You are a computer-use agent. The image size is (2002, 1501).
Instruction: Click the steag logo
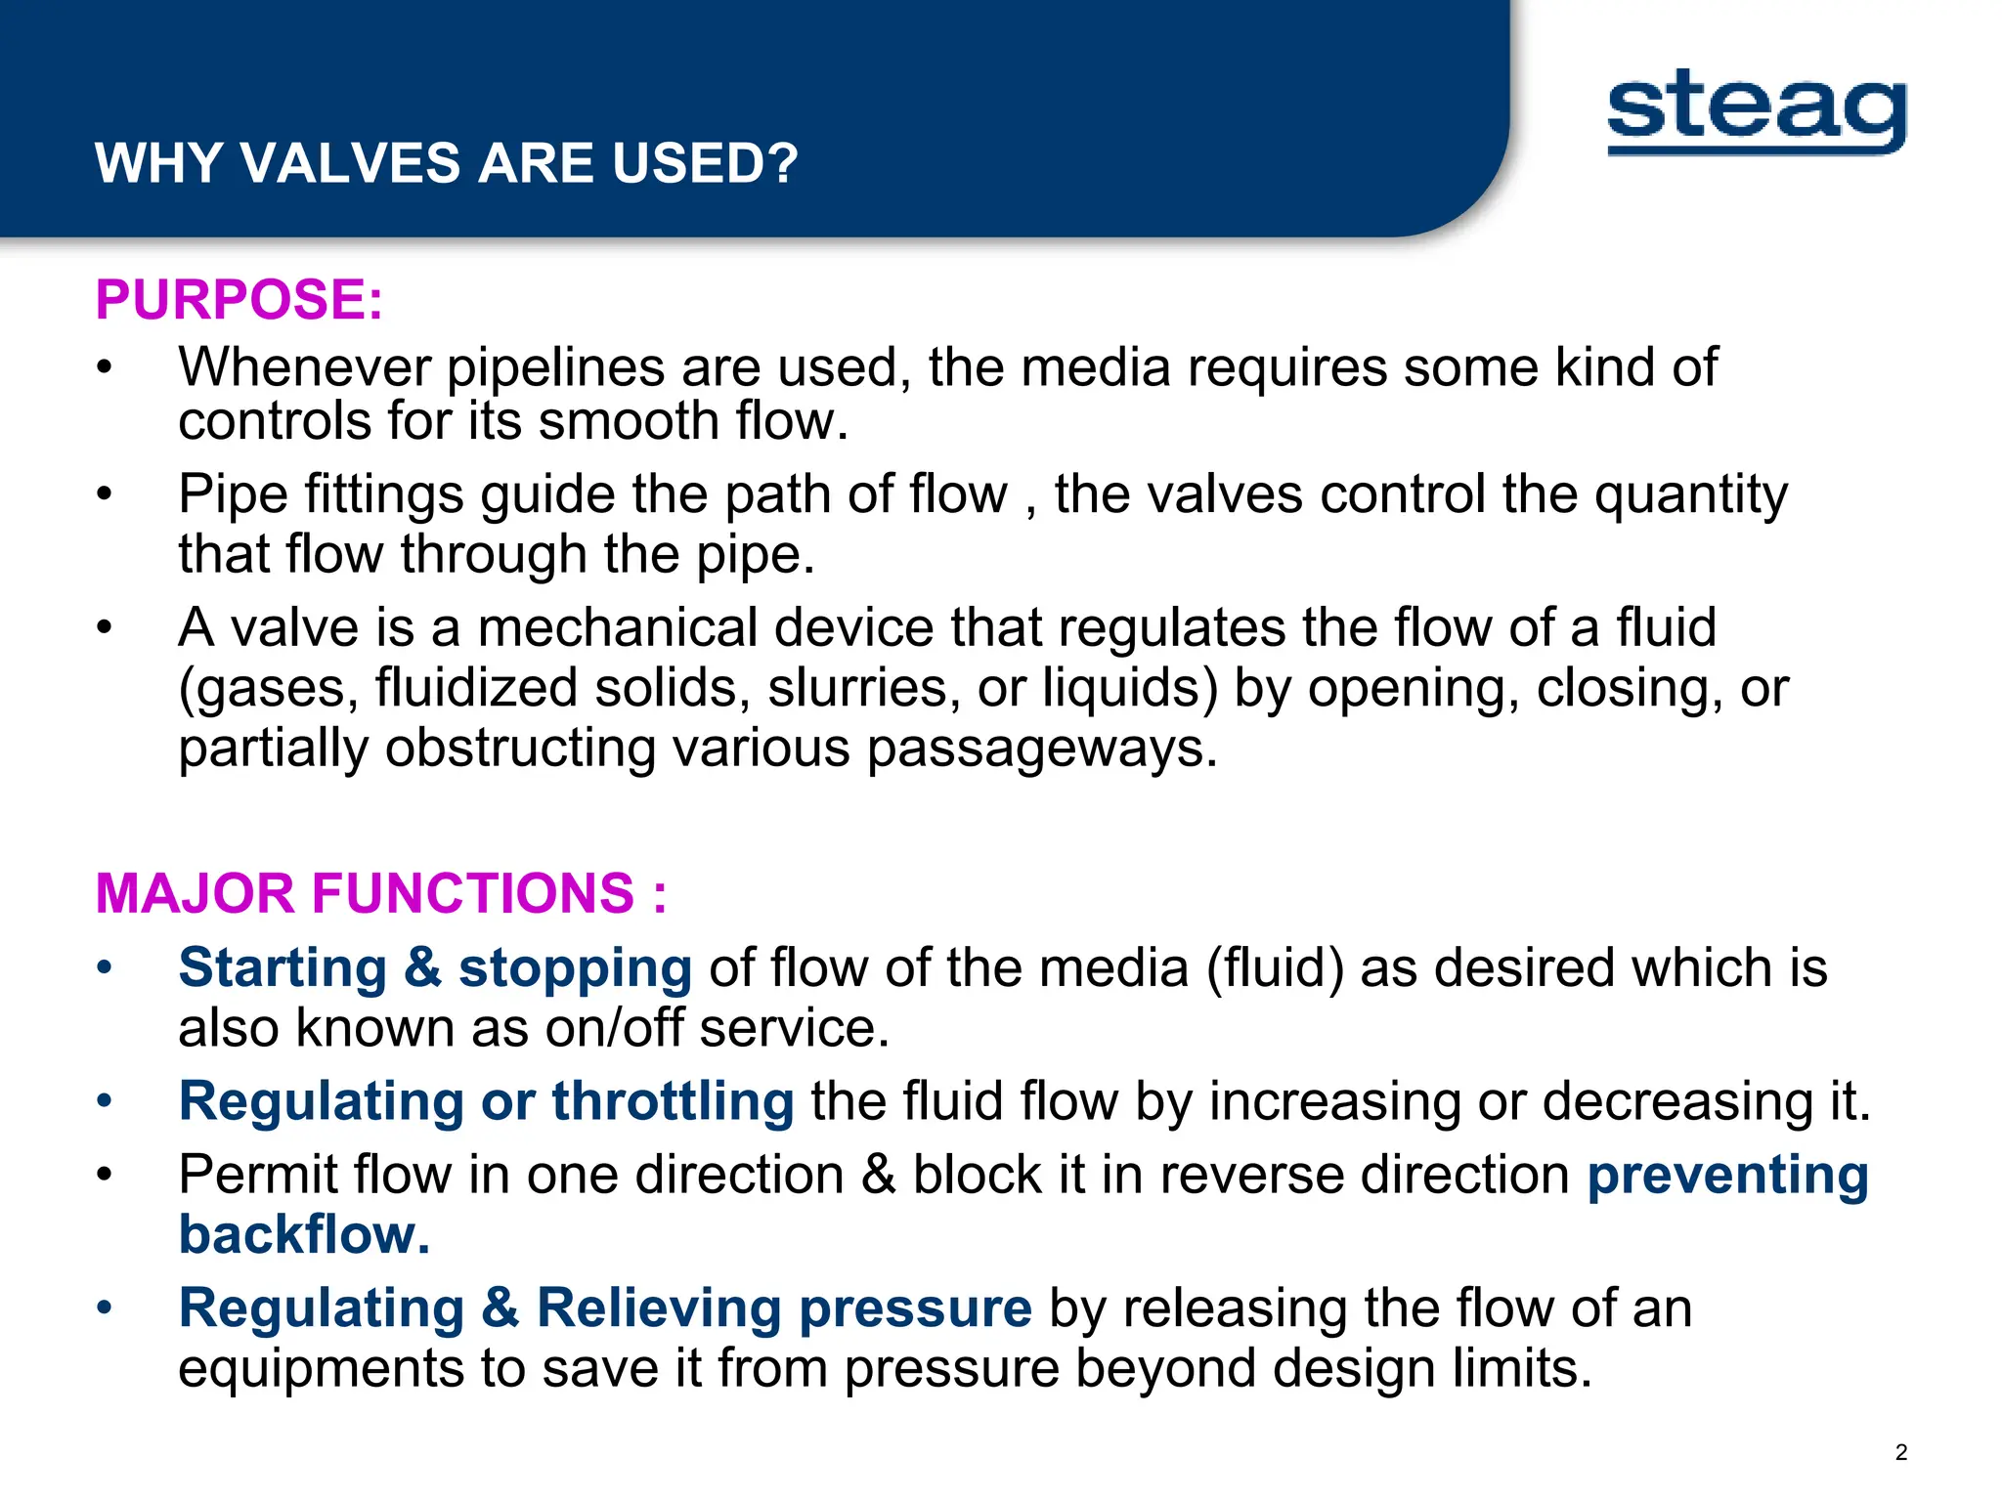pyautogui.click(x=1757, y=111)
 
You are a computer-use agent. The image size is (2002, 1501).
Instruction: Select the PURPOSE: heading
pyautogui.click(x=239, y=299)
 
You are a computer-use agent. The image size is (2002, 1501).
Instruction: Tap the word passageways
pyautogui.click(x=1042, y=749)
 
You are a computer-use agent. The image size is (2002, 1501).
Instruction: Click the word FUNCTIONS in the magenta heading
pyautogui.click(x=473, y=893)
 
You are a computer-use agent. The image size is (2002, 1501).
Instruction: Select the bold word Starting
pyautogui.click(x=283, y=968)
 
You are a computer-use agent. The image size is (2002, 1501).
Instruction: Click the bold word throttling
pyautogui.click(x=673, y=1101)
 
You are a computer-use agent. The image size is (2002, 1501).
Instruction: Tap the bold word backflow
pyautogui.click(x=304, y=1235)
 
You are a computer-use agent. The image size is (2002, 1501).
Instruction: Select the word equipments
pyautogui.click(x=321, y=1368)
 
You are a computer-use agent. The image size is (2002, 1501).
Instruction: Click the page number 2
pyautogui.click(x=1900, y=1452)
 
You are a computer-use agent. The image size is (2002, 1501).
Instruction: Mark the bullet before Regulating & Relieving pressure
pyautogui.click(x=105, y=1308)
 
